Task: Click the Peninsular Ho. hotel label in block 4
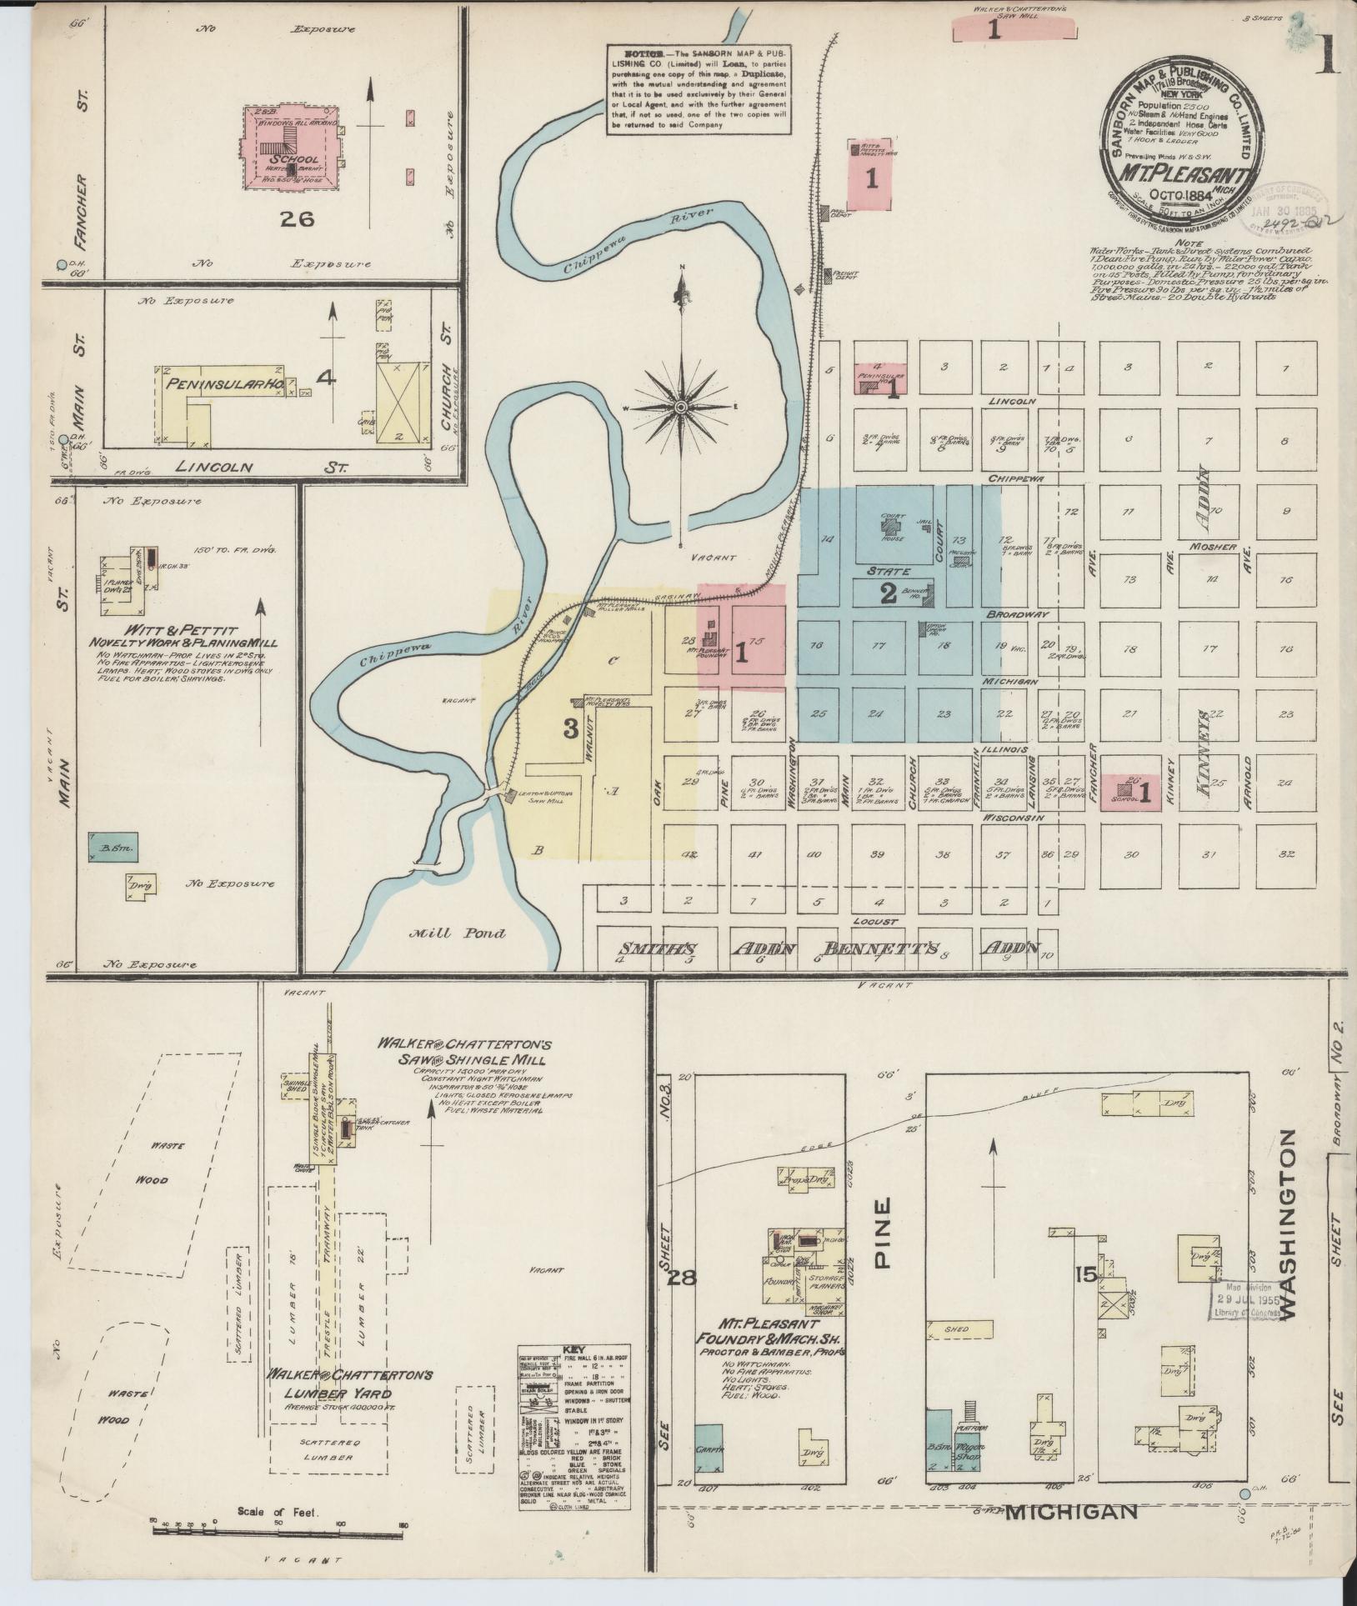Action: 228,384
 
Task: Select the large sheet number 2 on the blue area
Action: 889,593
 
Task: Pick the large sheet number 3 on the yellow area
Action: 571,728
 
